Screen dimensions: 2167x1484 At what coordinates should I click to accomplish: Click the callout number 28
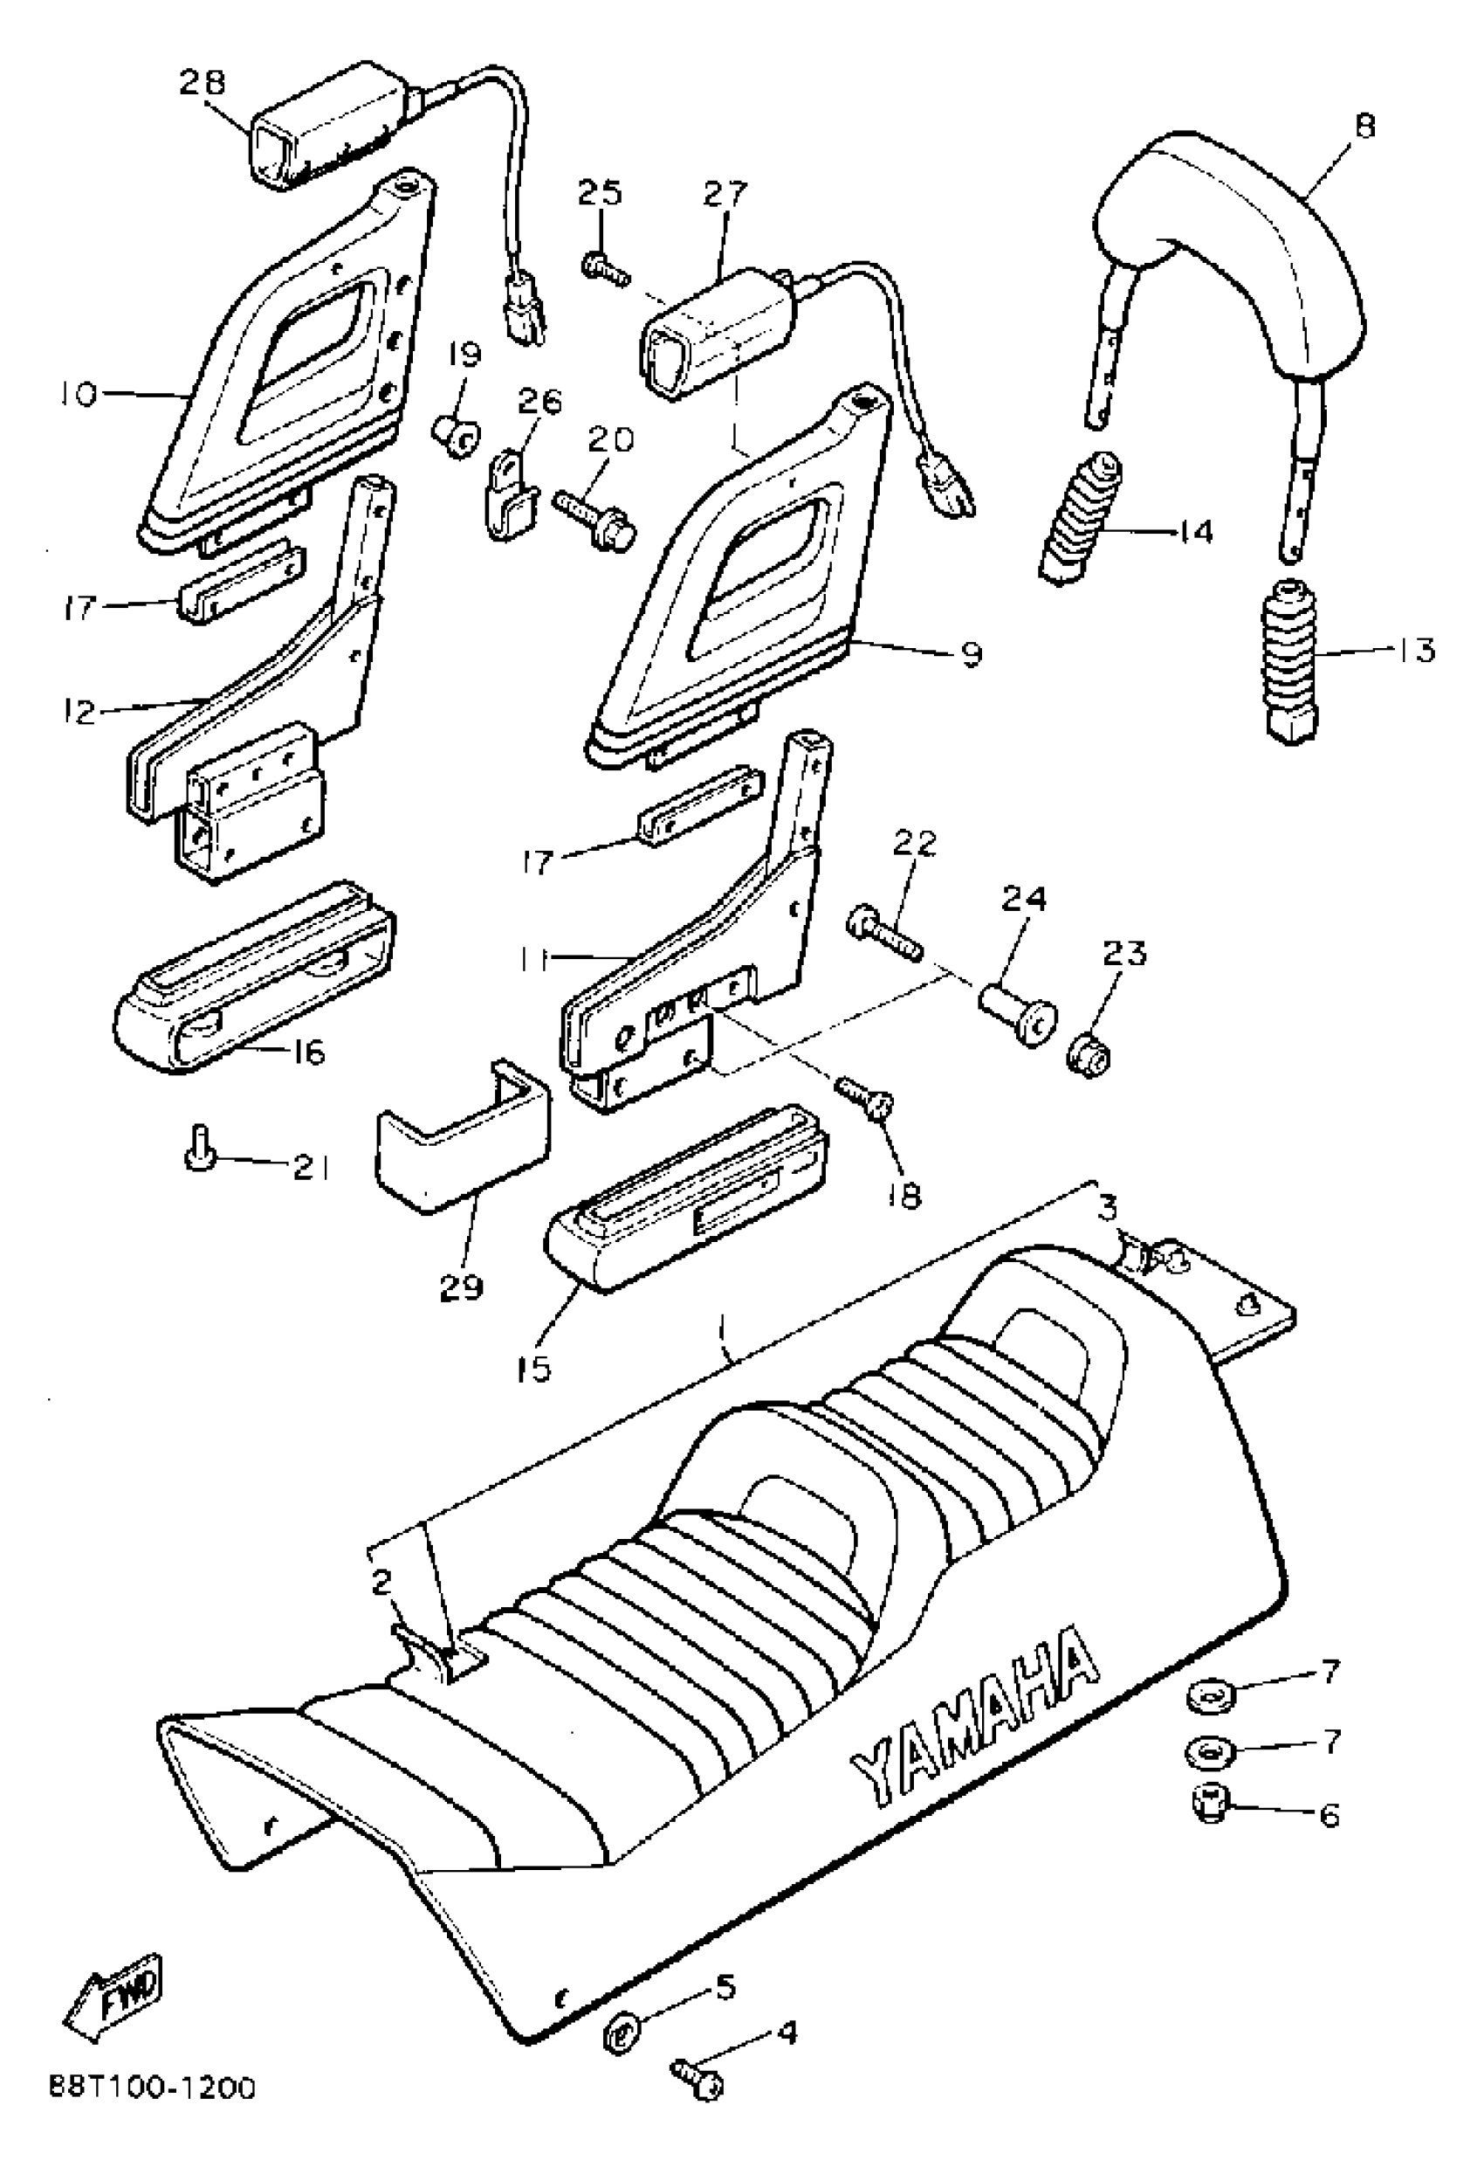point(203,82)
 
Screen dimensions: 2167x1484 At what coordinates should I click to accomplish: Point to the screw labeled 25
point(604,270)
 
